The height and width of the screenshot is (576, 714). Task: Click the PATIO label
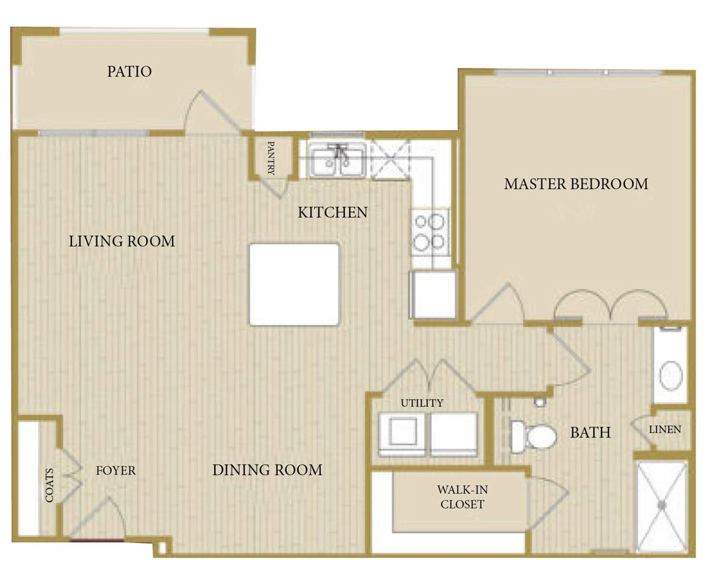[x=130, y=71]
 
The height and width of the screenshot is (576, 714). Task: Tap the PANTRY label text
[x=271, y=158]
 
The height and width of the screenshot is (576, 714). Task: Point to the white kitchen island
[x=294, y=284]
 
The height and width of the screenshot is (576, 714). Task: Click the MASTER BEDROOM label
[x=576, y=184]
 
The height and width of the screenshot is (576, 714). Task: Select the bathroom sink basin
[x=671, y=375]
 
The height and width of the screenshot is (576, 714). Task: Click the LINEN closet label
[x=664, y=429]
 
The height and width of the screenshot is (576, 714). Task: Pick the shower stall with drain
[x=662, y=506]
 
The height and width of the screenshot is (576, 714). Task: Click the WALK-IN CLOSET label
[x=460, y=497]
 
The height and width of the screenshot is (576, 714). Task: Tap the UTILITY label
[x=421, y=403]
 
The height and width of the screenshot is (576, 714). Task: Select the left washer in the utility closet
[x=402, y=433]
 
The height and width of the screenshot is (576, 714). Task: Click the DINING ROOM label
[x=267, y=470]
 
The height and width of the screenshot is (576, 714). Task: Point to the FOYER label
[x=116, y=471]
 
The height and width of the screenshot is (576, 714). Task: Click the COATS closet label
[x=50, y=486]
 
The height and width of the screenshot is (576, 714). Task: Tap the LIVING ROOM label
[x=122, y=241]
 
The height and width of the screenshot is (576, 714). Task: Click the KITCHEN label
[x=333, y=212]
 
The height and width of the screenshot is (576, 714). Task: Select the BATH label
[x=590, y=433]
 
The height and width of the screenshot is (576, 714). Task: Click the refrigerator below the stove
[x=433, y=294]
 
